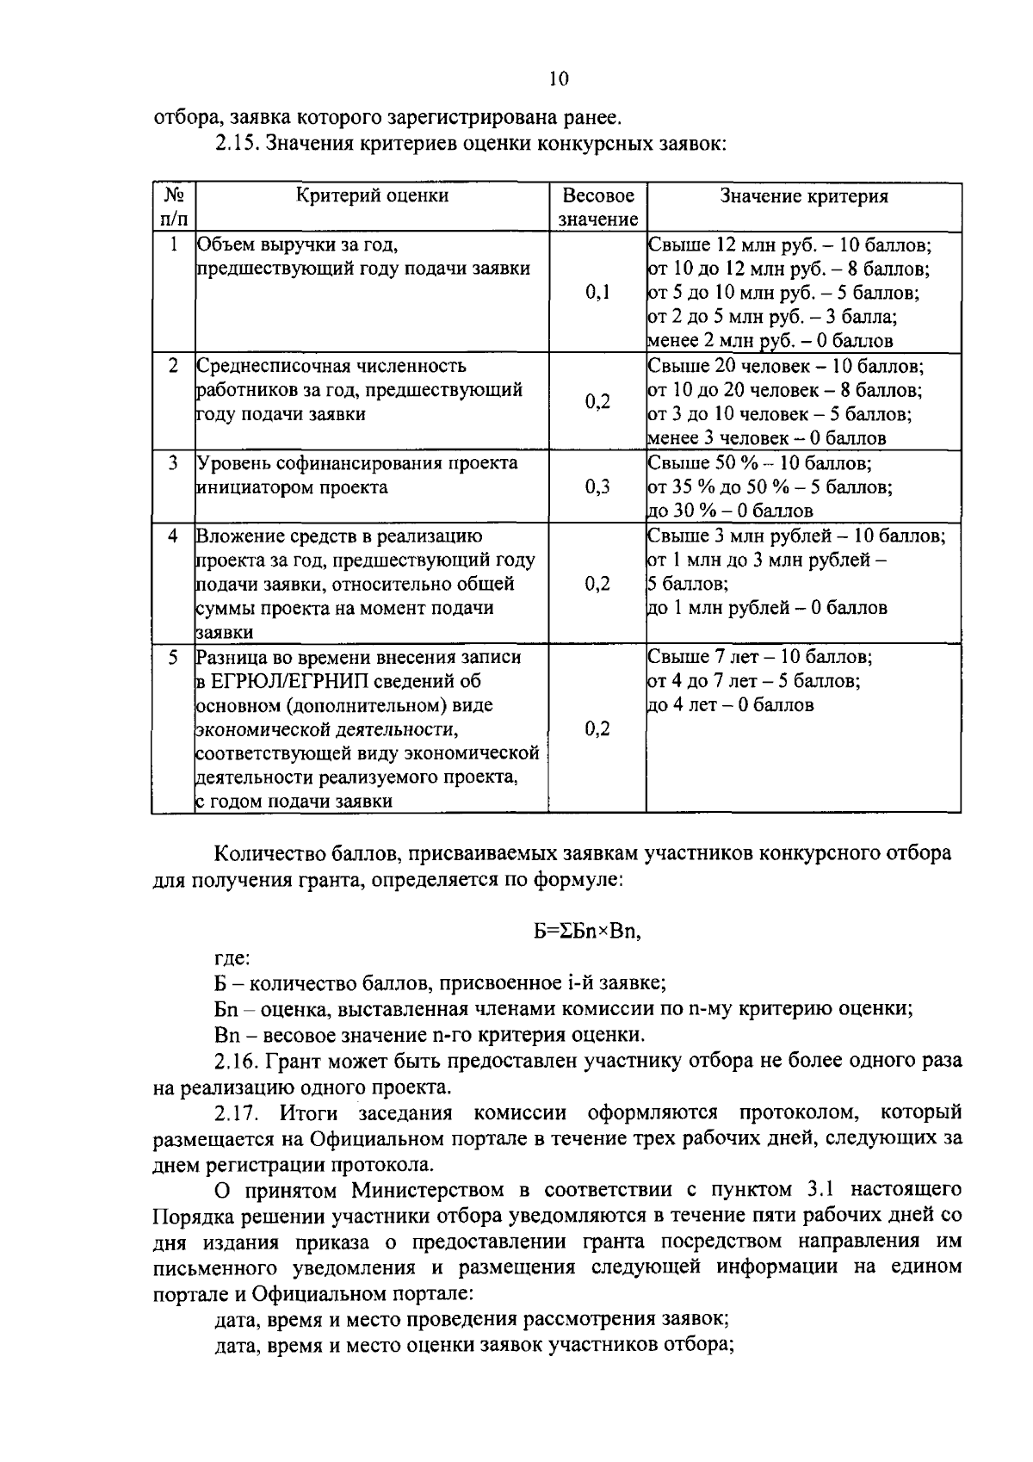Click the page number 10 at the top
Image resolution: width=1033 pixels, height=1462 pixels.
click(558, 79)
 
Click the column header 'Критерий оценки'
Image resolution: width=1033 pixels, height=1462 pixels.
click(372, 195)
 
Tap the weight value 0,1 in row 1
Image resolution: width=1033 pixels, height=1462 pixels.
click(597, 292)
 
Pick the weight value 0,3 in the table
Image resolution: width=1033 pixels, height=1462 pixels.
click(597, 487)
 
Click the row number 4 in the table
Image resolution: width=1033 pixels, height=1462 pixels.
click(173, 536)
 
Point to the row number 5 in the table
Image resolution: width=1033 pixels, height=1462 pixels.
click(173, 657)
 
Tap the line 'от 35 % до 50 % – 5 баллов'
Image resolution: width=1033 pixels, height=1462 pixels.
click(770, 487)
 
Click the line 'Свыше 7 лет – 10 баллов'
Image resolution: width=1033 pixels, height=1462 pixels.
click(759, 657)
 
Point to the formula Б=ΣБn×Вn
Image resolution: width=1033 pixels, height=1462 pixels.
click(588, 931)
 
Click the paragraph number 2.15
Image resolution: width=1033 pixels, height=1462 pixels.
click(236, 144)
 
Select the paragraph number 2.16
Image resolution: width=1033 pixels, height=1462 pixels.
click(236, 1060)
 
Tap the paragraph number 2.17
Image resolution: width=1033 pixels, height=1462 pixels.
click(236, 1112)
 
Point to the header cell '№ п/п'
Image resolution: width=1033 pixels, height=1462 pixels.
click(174, 207)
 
